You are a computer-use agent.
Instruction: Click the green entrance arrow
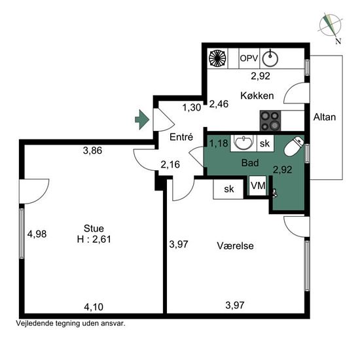pos(142,119)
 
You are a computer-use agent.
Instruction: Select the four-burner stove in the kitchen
pos(270,121)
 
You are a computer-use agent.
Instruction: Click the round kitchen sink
pos(270,58)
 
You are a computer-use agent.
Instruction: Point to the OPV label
pos(249,58)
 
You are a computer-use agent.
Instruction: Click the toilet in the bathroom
pos(294,146)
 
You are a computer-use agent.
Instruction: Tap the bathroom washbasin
pos(243,143)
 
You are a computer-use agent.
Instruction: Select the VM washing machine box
pos(258,186)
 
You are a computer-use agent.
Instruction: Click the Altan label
pos(325,117)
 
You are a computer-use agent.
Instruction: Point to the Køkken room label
pos(257,96)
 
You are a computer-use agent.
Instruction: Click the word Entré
pos(181,137)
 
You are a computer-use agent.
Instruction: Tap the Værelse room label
pos(236,246)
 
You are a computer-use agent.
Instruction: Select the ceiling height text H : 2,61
pos(94,240)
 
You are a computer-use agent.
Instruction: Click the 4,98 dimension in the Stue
pos(37,234)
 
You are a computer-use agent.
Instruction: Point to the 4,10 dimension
pos(94,307)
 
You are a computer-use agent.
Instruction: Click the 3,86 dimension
pos(92,151)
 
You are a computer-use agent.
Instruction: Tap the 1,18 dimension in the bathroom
pos(219,143)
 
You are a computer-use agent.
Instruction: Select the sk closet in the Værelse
pos(228,189)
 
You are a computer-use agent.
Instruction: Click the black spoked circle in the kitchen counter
pos(217,58)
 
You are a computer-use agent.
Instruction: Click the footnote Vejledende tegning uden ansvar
pos(71,323)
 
